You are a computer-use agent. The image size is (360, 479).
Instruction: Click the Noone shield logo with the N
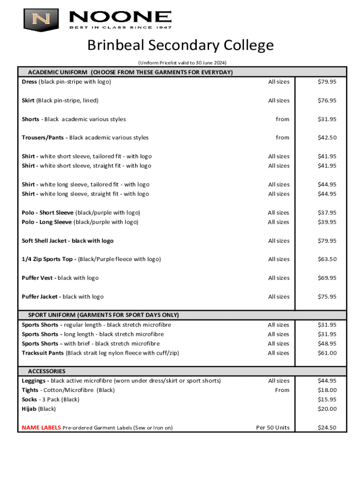[41, 19]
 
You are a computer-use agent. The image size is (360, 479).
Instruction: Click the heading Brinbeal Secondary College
[180, 46]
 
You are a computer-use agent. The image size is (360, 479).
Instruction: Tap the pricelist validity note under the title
[182, 63]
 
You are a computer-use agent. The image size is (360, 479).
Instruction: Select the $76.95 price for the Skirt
[327, 101]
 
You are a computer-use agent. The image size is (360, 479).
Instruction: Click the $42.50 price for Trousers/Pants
[327, 138]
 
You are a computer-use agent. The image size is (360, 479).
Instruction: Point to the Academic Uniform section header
[130, 72]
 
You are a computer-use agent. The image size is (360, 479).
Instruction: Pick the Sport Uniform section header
[103, 315]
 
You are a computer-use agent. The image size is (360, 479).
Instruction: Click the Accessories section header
[47, 371]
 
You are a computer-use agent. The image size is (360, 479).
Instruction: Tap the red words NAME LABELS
[41, 428]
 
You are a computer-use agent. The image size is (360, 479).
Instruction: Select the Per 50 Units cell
[273, 428]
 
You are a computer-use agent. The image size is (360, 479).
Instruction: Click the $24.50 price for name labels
[327, 428]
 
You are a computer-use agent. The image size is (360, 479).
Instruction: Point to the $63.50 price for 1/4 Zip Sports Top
[327, 259]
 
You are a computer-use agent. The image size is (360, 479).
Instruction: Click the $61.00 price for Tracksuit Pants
[327, 353]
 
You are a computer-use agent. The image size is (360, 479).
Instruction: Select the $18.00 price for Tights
[327, 390]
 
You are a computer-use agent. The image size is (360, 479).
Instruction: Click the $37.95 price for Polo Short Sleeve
[327, 213]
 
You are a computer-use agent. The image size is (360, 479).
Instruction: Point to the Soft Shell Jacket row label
[68, 241]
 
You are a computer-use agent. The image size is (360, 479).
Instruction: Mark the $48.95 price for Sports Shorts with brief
[327, 343]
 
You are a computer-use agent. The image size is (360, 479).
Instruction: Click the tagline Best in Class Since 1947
[121, 27]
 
